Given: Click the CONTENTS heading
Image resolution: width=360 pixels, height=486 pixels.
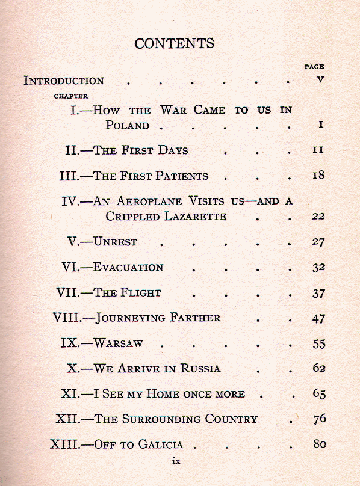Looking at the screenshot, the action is pos(174,43).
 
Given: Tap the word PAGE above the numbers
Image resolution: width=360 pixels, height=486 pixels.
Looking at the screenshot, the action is pos(314,67).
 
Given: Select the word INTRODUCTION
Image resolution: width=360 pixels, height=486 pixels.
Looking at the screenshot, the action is pos(64,81).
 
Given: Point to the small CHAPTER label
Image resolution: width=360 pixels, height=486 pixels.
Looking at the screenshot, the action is pos(71,96).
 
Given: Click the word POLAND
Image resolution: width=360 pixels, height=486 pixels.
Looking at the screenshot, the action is pos(127,126).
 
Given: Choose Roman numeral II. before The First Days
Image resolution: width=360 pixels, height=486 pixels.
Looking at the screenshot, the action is pos(76,150).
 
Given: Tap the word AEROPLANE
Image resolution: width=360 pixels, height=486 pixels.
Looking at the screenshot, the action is pos(144,201).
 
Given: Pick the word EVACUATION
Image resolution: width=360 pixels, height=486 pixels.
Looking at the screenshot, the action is pos(128,268).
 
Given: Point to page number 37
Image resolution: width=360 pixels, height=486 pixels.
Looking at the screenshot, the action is pos(319,294).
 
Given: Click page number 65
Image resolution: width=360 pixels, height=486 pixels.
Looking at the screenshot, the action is pos(319,395).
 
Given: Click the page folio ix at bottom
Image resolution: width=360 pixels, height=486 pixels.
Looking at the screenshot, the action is pos(176,461).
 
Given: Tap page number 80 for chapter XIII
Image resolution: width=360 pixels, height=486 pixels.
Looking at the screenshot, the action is pos(319,444).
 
